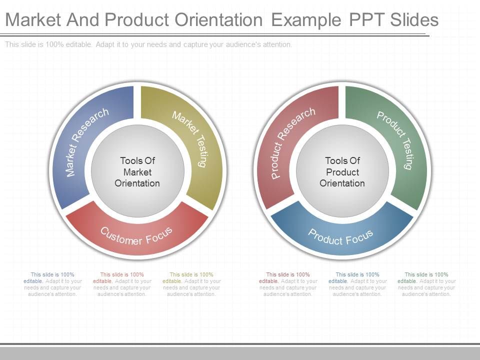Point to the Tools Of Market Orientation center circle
(x=137, y=172)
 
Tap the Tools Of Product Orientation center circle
(x=342, y=172)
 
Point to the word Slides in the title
(x=413, y=19)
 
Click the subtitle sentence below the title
(x=148, y=44)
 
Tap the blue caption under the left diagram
(x=52, y=284)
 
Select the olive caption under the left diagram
(x=191, y=284)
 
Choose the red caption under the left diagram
(x=122, y=284)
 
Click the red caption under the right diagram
(x=288, y=284)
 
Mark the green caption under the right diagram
(x=426, y=284)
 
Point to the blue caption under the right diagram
(x=357, y=284)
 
